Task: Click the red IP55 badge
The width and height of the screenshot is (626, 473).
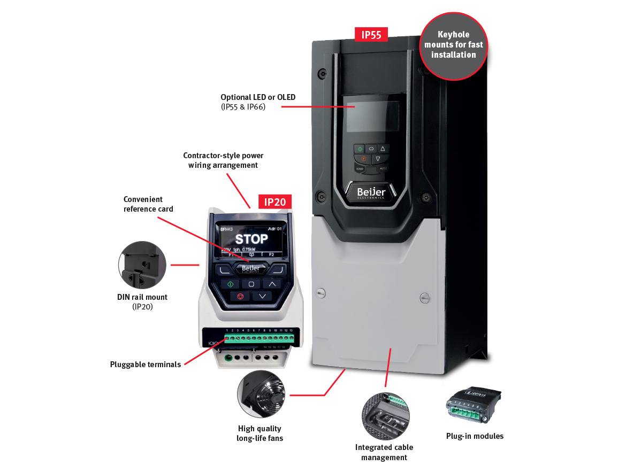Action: (371, 35)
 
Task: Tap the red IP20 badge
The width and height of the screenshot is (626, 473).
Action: (275, 201)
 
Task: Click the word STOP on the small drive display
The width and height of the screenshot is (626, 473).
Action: (251, 239)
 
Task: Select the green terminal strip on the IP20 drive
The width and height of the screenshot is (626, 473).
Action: (258, 339)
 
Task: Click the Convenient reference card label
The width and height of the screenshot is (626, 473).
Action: (148, 204)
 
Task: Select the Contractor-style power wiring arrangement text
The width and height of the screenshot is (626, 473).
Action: (223, 160)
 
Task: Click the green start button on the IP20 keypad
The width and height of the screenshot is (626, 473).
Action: (230, 284)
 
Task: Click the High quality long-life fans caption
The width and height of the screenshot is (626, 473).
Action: (259, 433)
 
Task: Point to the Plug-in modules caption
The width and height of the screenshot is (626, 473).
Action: (475, 436)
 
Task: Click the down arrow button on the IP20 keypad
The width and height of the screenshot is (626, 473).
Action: (262, 296)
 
